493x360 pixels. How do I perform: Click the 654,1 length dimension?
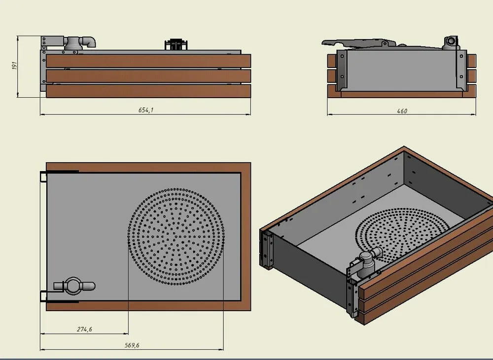145,110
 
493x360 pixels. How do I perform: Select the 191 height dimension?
14,66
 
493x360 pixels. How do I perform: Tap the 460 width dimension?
402,111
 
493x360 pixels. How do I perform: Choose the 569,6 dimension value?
132,345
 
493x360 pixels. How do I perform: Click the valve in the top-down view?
73,286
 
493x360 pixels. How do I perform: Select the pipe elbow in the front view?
89,42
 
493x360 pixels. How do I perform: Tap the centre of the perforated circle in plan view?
176,236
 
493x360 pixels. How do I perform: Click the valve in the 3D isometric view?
367,261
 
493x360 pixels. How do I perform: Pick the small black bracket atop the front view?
176,44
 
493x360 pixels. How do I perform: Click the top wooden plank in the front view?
148,61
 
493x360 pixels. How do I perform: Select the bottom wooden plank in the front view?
148,91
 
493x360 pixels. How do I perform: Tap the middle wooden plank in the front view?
148,76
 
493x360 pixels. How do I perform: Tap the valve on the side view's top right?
450,43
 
